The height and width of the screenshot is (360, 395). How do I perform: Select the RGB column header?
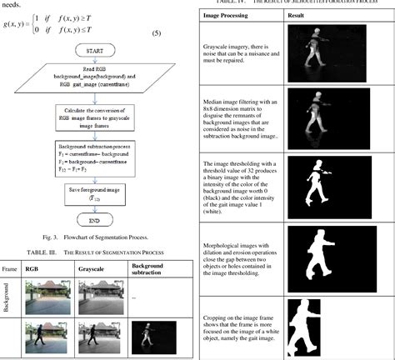(x=32, y=269)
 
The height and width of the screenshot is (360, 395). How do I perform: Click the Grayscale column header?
(x=91, y=269)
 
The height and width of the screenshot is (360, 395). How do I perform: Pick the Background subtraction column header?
(x=147, y=268)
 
